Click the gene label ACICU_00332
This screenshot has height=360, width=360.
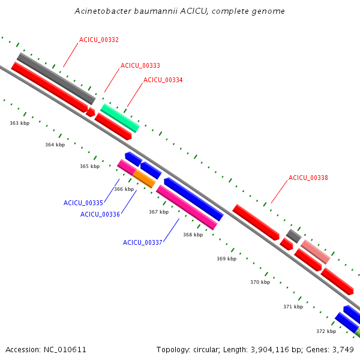click(99, 40)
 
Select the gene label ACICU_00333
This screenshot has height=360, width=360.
click(140, 65)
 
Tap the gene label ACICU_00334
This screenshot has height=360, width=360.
click(163, 80)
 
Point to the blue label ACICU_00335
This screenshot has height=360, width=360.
click(83, 203)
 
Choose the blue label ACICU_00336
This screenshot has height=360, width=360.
click(100, 214)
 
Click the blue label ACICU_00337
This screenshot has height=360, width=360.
click(143, 242)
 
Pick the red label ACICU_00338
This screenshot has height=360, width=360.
click(308, 178)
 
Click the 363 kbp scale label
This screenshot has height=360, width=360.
click(20, 123)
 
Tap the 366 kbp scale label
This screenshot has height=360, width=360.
click(124, 189)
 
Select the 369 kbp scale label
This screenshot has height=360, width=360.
click(227, 259)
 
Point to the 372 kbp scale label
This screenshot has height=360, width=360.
click(326, 331)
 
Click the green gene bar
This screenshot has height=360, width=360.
click(120, 118)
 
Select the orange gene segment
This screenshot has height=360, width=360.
click(144, 179)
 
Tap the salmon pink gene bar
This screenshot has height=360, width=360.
click(316, 251)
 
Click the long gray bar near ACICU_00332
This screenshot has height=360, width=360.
click(56, 79)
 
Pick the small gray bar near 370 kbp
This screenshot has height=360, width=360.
click(293, 236)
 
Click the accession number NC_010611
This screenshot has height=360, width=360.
click(65, 350)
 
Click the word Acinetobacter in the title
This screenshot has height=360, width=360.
click(103, 11)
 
